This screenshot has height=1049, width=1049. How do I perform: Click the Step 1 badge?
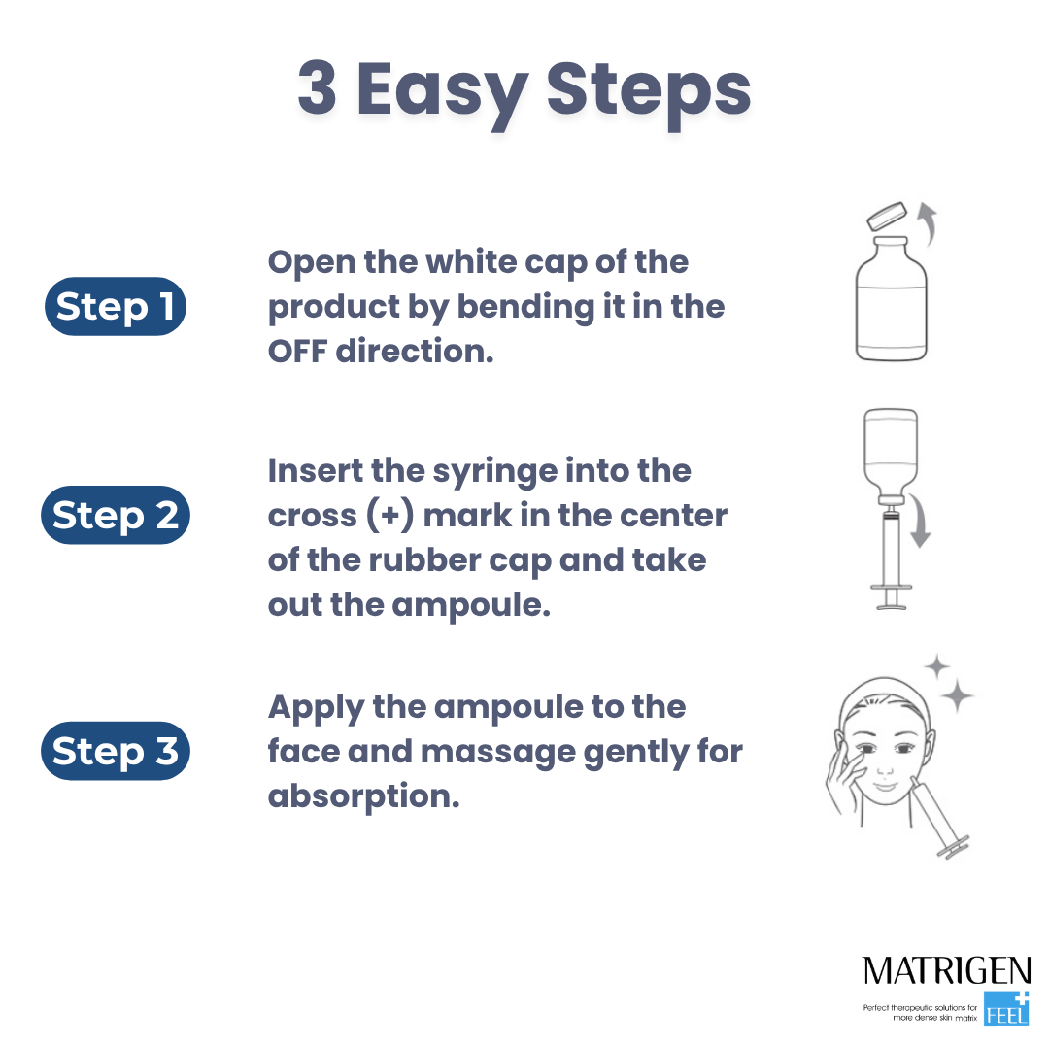pos(115,306)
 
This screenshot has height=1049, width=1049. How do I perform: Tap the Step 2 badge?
pos(115,515)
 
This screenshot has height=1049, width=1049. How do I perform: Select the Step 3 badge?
pos(115,751)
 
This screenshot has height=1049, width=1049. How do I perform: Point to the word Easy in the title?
pos(442,93)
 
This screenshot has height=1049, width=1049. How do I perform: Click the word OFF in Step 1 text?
pos(297,352)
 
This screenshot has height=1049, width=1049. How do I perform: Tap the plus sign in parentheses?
pos(389,516)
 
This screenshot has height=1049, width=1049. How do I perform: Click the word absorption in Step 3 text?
pos(363,797)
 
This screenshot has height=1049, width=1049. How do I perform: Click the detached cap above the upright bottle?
pos(887,217)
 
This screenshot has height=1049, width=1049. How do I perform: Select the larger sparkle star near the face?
pos(958,695)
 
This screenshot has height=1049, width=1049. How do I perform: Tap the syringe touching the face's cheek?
pos(939,818)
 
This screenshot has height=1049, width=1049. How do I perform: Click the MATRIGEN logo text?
pos(947,970)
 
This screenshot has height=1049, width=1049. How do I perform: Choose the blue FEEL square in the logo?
pos(1006,1009)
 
